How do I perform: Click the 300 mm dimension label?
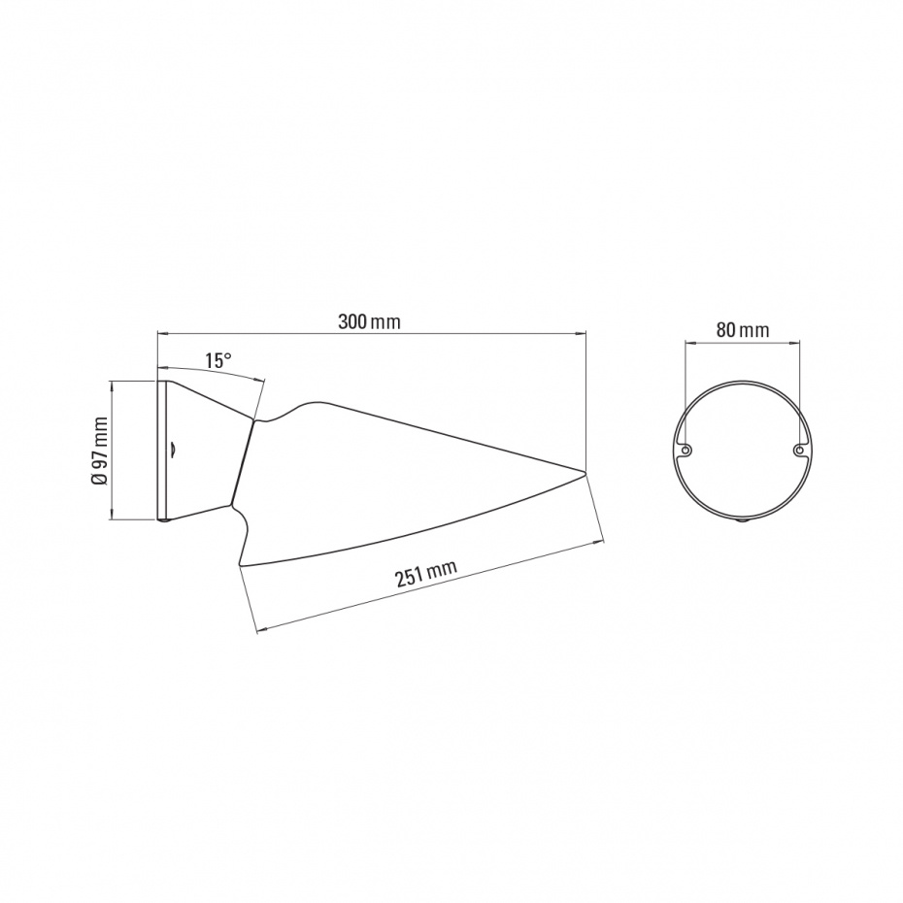(x=369, y=321)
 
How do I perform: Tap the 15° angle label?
(x=218, y=360)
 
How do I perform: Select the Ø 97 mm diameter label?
(x=100, y=451)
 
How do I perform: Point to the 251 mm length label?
(x=426, y=573)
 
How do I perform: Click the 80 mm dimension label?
(x=743, y=330)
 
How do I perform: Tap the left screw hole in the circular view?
(x=686, y=450)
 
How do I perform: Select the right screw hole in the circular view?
(x=798, y=450)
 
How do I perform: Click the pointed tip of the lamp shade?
(x=585, y=474)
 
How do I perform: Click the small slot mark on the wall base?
(x=174, y=449)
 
